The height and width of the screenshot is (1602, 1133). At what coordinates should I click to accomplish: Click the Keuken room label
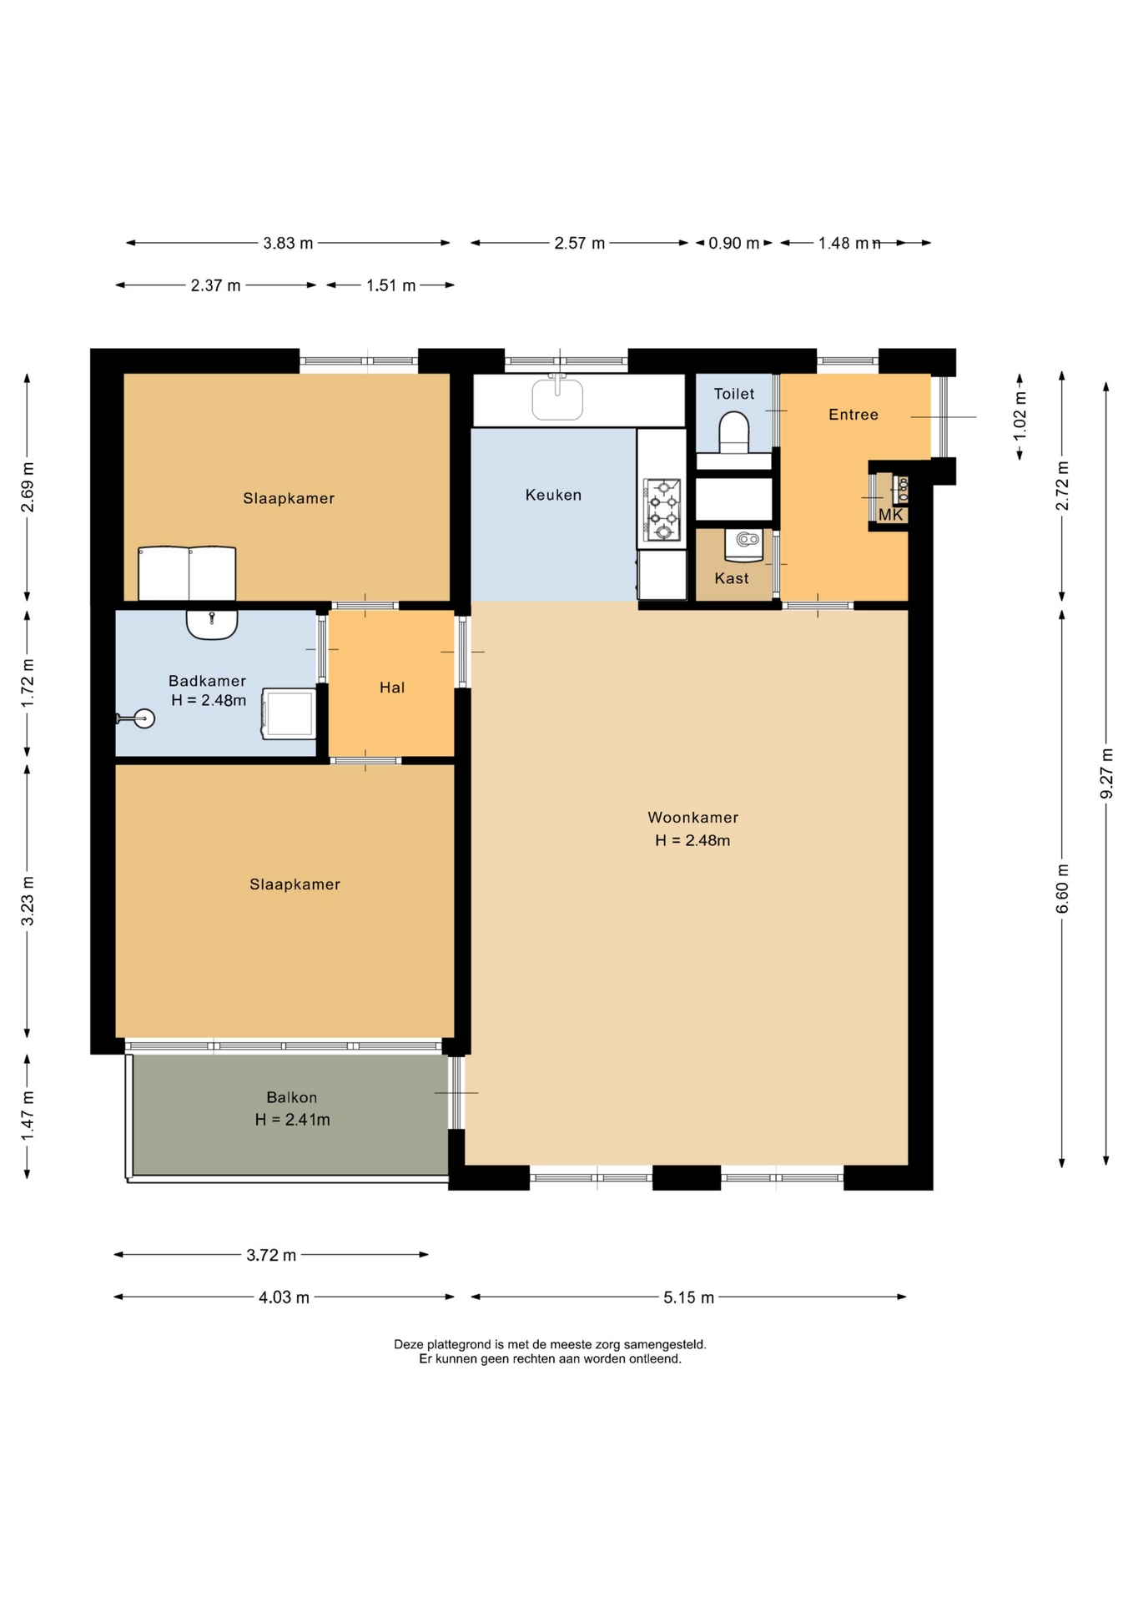[x=553, y=495]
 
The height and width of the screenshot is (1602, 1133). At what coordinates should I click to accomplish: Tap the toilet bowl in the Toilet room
[x=733, y=432]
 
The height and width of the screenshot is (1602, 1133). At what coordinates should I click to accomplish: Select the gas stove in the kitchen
[x=662, y=510]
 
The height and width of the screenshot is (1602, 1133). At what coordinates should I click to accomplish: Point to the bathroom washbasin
[x=212, y=624]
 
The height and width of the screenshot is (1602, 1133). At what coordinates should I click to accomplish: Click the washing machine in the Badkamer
[x=289, y=713]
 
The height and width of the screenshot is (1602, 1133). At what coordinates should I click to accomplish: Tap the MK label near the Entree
[x=890, y=515]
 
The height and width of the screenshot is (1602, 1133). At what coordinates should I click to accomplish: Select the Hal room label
[x=392, y=688]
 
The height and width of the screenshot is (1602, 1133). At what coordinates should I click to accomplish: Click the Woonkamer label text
[x=692, y=818]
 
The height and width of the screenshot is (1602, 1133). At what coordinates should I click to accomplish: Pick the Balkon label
[x=291, y=1097]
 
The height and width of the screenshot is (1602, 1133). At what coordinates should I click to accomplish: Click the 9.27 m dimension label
[x=1106, y=772]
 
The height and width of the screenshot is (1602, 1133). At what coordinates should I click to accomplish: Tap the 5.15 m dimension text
[x=689, y=1297]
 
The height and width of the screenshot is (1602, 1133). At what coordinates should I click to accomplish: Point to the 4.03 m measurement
[x=284, y=1297]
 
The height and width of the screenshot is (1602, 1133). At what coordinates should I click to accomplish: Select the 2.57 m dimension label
[x=580, y=243]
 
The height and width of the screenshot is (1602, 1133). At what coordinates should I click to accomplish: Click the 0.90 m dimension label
[x=734, y=243]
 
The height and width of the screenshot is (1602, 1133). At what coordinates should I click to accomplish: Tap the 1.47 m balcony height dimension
[x=28, y=1116]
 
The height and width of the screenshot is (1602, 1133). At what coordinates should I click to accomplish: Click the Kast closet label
[x=732, y=578]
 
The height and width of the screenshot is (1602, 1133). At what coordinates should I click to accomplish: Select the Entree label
[x=853, y=415]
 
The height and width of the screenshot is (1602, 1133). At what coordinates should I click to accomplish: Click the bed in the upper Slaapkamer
[x=187, y=573]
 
